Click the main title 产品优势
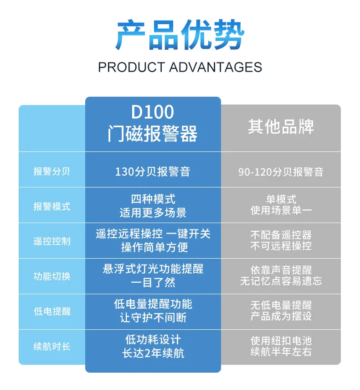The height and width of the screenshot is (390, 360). pyautogui.click(x=180, y=35)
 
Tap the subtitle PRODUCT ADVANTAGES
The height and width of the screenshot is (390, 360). pyautogui.click(x=180, y=67)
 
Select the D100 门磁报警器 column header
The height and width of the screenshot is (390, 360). pyautogui.click(x=153, y=124)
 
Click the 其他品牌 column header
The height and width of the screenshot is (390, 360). pyautogui.click(x=281, y=127)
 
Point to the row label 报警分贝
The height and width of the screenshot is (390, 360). pyautogui.click(x=51, y=172)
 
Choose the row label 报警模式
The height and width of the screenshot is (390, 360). pyautogui.click(x=51, y=206)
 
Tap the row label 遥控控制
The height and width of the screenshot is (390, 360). pyautogui.click(x=51, y=241)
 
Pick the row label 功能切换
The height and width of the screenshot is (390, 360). pyautogui.click(x=51, y=276)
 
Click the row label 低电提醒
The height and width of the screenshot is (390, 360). pyautogui.click(x=51, y=312)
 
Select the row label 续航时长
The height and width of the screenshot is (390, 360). pyautogui.click(x=51, y=347)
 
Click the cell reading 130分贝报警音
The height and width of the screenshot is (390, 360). pyautogui.click(x=153, y=172)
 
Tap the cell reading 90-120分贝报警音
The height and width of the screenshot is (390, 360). pyautogui.click(x=281, y=172)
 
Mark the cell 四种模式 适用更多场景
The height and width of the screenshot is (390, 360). pyautogui.click(x=153, y=206)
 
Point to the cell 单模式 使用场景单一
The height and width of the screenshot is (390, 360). pyautogui.click(x=281, y=205)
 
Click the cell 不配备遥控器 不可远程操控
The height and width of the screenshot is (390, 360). pyautogui.click(x=281, y=240)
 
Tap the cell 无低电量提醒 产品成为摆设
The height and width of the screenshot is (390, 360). pyautogui.click(x=281, y=311)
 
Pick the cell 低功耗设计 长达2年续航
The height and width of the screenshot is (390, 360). pyautogui.click(x=153, y=346)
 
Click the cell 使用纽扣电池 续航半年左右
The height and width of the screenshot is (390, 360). pyautogui.click(x=281, y=346)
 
